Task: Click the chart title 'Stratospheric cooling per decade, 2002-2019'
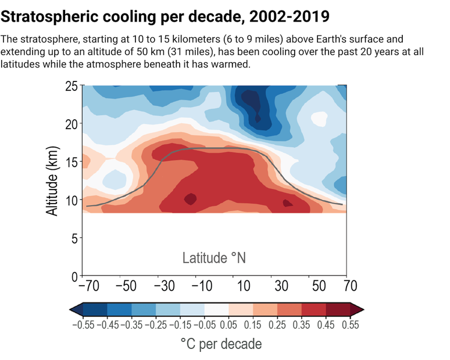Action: [165, 13]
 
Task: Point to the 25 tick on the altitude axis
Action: [70, 87]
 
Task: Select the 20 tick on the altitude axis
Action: [70, 124]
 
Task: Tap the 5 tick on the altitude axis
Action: [74, 238]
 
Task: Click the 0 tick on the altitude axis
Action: [74, 276]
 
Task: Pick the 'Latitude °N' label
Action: [214, 257]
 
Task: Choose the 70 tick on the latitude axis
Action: [349, 286]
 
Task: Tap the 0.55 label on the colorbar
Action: [350, 326]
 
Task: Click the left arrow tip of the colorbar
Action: [70, 309]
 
